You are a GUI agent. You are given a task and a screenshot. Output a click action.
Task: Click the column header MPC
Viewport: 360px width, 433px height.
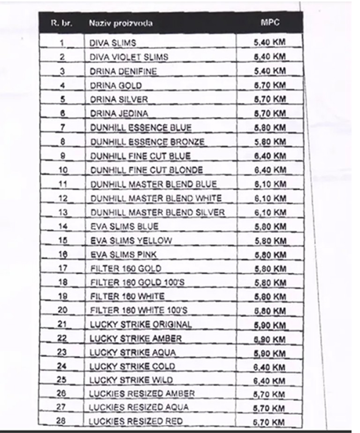[269, 23]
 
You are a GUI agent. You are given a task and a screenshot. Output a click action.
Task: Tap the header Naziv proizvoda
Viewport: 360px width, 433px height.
[121, 23]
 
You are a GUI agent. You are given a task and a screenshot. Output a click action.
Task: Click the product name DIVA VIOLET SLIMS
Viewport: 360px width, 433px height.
[129, 57]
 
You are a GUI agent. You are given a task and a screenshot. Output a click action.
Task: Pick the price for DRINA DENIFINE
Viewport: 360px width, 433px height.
[269, 71]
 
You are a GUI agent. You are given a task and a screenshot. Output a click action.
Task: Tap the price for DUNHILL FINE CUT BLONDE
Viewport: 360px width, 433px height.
[269, 170]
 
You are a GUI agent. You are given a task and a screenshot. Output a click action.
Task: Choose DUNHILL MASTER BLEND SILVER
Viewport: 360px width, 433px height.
[157, 212]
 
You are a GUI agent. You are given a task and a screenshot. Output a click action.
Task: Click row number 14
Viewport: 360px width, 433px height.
[62, 226]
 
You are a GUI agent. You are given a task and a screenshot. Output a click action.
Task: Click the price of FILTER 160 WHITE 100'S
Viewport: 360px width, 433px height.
[269, 310]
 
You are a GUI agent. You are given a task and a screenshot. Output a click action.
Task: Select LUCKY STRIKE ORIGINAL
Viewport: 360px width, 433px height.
[140, 325]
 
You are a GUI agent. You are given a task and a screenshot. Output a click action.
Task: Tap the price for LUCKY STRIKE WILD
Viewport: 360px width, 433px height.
[269, 380]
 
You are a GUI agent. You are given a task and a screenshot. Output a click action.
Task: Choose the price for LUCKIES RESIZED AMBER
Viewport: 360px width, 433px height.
[269, 394]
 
